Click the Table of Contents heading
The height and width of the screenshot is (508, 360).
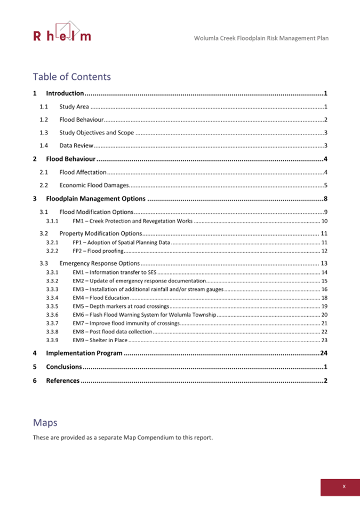coord(71,77)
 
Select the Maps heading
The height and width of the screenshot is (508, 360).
coord(45,423)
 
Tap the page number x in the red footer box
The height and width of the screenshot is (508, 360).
coord(344,486)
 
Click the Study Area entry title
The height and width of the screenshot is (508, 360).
coord(74,107)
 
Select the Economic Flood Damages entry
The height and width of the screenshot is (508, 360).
coord(94,186)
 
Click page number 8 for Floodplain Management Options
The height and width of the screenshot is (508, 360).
coord(325,199)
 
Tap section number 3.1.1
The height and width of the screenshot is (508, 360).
coord(52,221)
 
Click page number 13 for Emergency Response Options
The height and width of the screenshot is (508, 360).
coord(323,263)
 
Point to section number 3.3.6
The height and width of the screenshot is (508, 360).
coord(52,315)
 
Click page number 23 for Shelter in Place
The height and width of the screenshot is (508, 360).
coord(324,340)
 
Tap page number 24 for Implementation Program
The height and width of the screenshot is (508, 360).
coord(323,353)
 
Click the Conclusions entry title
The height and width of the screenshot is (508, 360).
coord(63,367)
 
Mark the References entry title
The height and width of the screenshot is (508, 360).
coord(62,381)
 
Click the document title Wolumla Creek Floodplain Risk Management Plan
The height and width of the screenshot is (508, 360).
coord(261,38)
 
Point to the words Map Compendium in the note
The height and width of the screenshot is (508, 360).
coord(151,438)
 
